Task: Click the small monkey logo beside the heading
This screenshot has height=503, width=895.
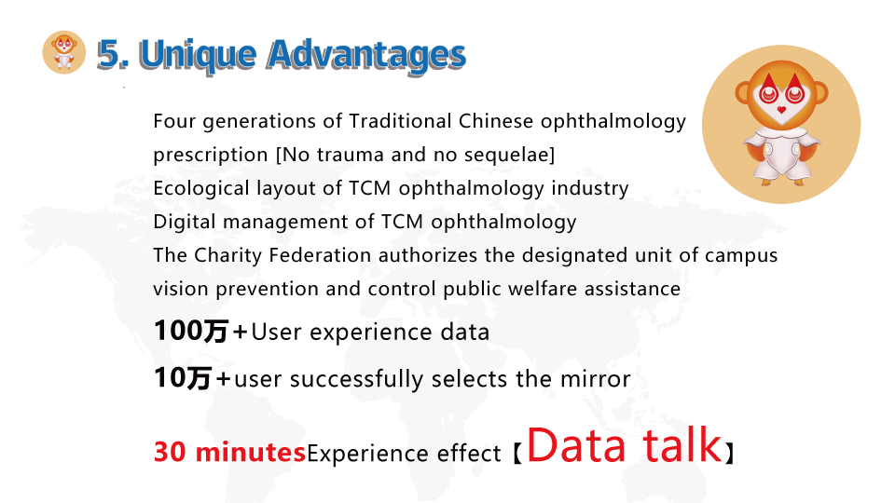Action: (x=64, y=52)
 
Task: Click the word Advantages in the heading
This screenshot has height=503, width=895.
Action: (x=366, y=55)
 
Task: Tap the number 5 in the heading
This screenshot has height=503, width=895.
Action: (x=108, y=55)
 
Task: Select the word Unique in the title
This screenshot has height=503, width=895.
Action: (x=198, y=56)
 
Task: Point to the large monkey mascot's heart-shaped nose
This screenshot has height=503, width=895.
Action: (x=781, y=110)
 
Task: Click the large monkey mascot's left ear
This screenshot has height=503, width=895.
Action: (x=743, y=92)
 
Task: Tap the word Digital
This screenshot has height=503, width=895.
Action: (x=185, y=223)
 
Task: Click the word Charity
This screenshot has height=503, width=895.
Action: (x=227, y=255)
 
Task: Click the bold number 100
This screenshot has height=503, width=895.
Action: (x=178, y=331)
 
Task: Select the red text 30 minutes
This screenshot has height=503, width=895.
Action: (x=230, y=452)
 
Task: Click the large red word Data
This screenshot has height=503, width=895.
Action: (x=576, y=445)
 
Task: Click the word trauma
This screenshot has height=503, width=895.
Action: (x=350, y=156)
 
